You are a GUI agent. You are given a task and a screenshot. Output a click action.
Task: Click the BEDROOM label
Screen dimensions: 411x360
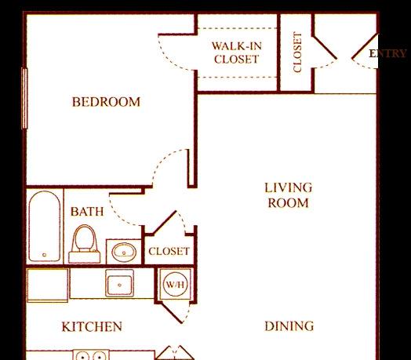coord(106,102)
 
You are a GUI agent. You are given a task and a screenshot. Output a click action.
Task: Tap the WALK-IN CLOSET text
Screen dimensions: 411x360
coord(237,53)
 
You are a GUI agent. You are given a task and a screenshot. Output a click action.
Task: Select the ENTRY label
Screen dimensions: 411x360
coord(387,53)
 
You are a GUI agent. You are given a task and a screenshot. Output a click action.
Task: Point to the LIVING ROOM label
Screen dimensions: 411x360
coord(289,195)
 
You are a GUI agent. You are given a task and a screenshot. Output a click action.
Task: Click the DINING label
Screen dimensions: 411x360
coord(289,326)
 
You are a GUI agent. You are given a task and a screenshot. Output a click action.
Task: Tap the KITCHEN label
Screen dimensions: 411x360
coord(92,327)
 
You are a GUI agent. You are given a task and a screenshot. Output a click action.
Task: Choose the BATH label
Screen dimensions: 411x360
coord(87,212)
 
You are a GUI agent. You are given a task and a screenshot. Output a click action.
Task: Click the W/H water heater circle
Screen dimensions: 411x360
coord(175,285)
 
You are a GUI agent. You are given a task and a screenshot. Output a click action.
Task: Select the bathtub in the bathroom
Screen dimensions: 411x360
coord(45,226)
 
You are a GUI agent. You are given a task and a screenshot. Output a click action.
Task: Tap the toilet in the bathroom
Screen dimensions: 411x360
coord(84,244)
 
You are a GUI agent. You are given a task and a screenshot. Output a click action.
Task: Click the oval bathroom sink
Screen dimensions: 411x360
coord(124,252)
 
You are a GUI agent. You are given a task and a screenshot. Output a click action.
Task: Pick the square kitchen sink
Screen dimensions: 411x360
coord(119,284)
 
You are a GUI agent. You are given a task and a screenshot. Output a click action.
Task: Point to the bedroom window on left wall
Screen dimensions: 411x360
coord(24,98)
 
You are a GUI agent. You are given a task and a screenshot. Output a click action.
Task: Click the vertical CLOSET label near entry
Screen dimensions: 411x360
coord(297,53)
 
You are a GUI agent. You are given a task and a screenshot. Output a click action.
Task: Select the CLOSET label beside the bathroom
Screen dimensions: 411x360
coord(169,251)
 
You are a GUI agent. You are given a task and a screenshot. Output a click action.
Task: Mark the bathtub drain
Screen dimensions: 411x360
coord(44,255)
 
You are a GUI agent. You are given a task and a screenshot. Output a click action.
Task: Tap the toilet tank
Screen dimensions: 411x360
coord(84,257)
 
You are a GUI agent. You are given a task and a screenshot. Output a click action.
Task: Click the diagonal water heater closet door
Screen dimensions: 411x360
coord(172,313)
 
